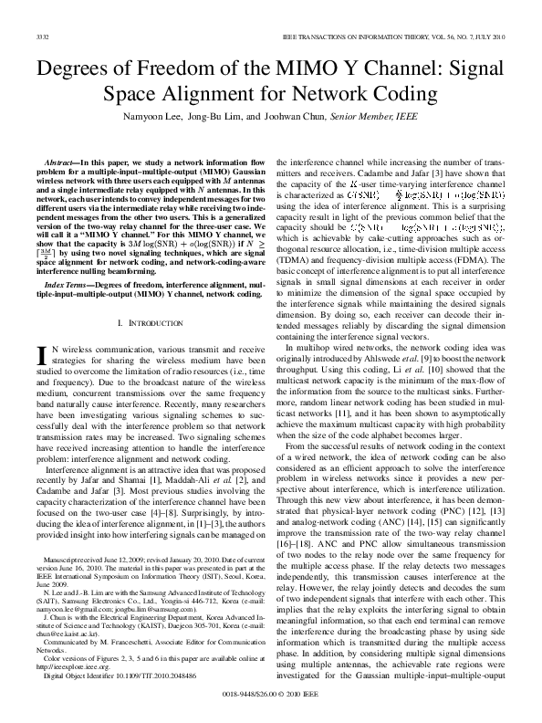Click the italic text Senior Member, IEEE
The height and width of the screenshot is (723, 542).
coord(388,118)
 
